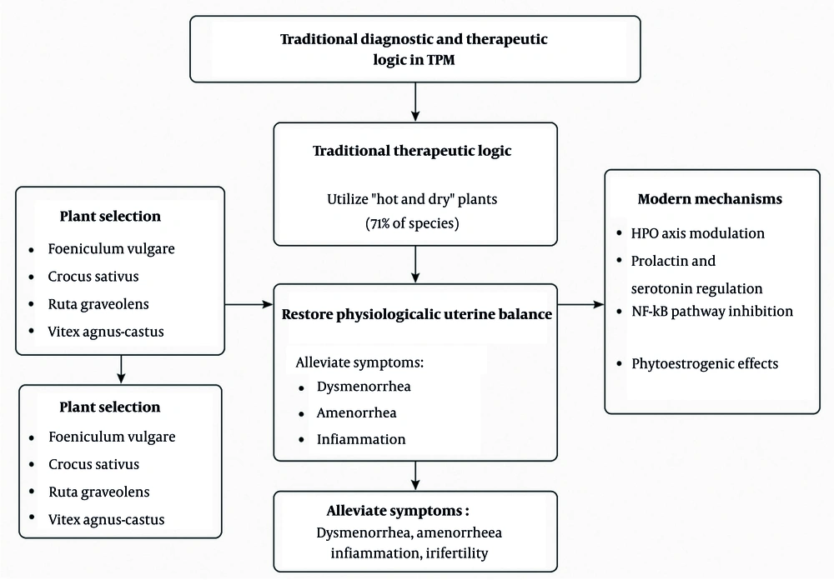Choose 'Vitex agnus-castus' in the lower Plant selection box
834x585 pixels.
pyautogui.click(x=107, y=519)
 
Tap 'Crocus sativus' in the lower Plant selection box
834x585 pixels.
pyautogui.click(x=94, y=464)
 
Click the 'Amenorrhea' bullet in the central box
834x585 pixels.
pyautogui.click(x=356, y=412)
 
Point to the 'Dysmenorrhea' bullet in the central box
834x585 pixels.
pyautogui.click(x=364, y=387)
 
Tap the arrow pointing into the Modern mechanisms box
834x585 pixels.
pyautogui.click(x=581, y=306)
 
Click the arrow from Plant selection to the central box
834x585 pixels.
pyautogui.click(x=249, y=306)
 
